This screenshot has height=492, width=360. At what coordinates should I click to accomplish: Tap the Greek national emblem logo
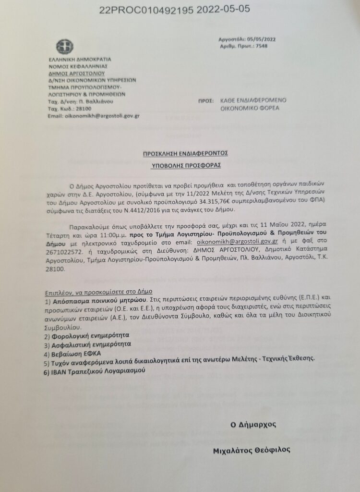click(x=64, y=47)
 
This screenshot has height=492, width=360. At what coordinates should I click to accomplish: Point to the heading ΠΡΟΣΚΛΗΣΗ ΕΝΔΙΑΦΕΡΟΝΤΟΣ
click(x=185, y=153)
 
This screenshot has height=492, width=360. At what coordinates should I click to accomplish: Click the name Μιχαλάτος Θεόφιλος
click(x=252, y=451)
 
